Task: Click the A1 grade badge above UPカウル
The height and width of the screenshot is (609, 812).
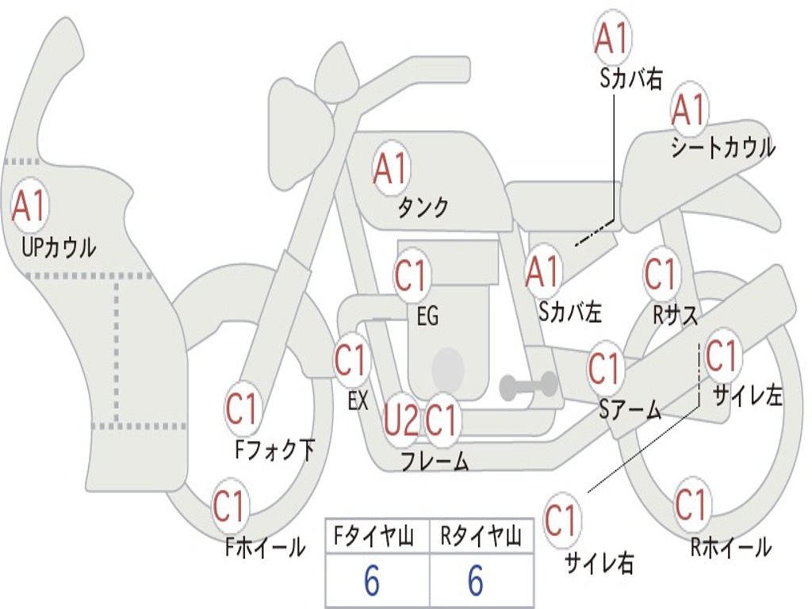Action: pos(30,206)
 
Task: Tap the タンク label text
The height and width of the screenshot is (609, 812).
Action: pos(423,208)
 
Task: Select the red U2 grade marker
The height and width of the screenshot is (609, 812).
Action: pos(400,419)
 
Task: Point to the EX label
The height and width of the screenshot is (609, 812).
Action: pos(358,401)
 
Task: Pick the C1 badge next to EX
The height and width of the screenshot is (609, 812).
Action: pos(351,361)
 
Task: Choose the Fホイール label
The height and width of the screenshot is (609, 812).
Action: pos(266,546)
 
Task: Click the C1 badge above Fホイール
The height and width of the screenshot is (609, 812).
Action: pos(230,507)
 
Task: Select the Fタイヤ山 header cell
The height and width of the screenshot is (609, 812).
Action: pos(377,538)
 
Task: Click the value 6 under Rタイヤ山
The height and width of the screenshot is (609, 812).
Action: pos(475,582)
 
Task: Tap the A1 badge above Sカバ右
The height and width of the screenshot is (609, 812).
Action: pos(612,38)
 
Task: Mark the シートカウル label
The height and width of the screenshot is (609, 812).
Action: pos(722,147)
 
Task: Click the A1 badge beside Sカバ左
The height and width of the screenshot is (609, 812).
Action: pos(544,272)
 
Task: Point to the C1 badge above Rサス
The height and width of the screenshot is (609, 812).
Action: pos(661,274)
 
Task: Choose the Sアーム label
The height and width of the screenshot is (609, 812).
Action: pos(630,410)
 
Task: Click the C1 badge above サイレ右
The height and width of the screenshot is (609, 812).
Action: pos(561,521)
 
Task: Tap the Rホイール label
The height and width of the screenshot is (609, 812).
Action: pos(730,546)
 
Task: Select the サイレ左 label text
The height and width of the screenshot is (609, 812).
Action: pos(748,395)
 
